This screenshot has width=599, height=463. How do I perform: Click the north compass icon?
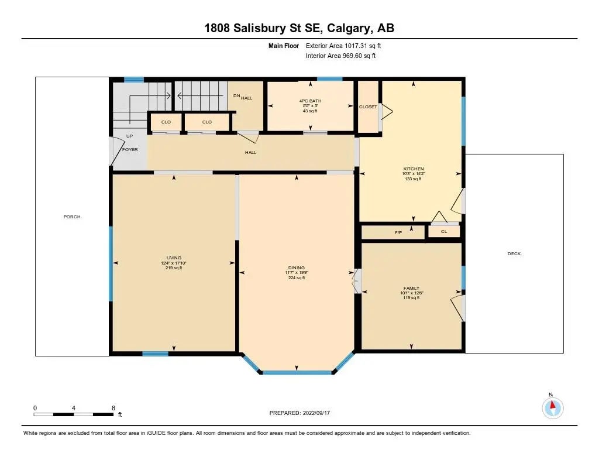[x=552, y=407]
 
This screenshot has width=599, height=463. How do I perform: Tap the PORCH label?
[x=72, y=217]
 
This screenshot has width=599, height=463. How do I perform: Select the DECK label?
[x=514, y=253]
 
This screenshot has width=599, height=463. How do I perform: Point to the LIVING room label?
[x=174, y=258]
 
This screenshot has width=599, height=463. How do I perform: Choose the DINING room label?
[x=296, y=268]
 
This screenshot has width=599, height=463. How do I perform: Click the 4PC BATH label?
[x=310, y=101]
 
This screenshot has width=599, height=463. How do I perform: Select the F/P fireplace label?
[x=398, y=233]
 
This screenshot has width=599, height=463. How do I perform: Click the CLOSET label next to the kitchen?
[x=368, y=107]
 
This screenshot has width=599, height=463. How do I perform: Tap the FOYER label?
[x=129, y=150]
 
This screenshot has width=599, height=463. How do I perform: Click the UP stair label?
[x=129, y=136]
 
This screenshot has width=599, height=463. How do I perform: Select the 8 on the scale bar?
[x=113, y=407]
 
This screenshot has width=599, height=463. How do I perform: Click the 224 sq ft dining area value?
[x=296, y=278]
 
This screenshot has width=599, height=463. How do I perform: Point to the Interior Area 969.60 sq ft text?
[x=340, y=56]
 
